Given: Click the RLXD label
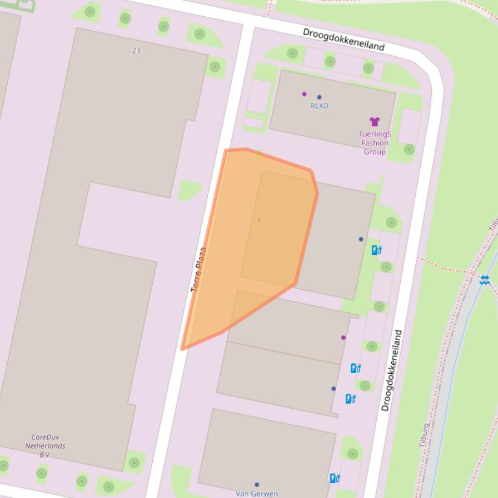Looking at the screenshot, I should click(319, 106).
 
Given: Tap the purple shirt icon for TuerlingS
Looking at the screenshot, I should click(374, 122).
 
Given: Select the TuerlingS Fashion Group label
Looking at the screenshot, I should click(375, 143).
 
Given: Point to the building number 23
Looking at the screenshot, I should click(136, 50).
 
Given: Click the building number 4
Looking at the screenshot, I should click(259, 221).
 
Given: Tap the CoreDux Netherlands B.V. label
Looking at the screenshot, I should click(45, 446).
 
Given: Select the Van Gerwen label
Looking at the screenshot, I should click(256, 493).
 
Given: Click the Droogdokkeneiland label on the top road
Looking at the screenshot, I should click(344, 39).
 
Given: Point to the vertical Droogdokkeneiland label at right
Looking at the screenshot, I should click(392, 371).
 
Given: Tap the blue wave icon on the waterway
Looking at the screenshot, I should click(484, 279).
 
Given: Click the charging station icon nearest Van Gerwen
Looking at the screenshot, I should click(335, 479).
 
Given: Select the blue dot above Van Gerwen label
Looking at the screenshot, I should click(256, 484).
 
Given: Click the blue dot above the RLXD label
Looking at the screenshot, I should click(319, 97).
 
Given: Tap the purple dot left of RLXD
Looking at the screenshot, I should click(304, 94).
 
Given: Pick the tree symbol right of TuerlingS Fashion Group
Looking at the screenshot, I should click(409, 149).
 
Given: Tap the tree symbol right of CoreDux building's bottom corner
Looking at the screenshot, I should click(134, 462).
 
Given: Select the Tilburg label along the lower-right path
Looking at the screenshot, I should click(424, 435).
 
